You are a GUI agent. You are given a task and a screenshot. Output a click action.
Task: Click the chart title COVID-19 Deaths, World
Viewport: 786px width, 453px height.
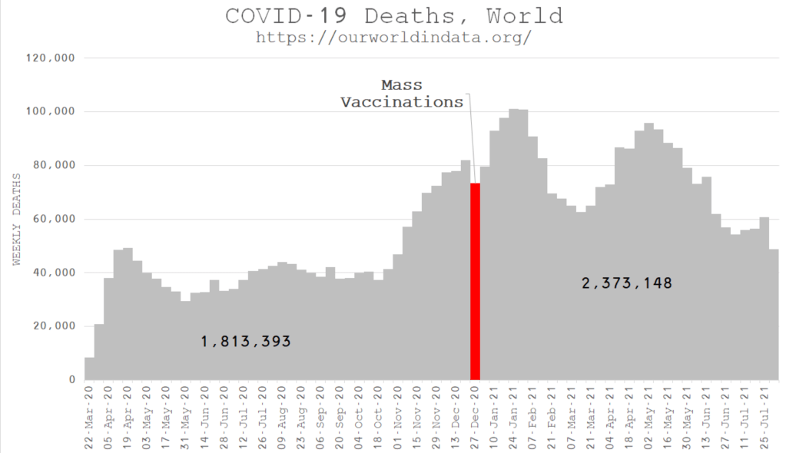[393, 16]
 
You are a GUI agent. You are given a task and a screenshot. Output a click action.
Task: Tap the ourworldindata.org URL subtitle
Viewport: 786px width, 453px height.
[393, 37]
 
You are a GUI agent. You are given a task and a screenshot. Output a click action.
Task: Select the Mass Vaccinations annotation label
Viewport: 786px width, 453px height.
[402, 93]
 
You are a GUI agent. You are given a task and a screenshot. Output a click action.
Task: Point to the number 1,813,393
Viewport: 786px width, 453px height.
[246, 342]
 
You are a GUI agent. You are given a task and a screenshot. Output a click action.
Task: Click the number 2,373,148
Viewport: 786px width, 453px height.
[627, 283]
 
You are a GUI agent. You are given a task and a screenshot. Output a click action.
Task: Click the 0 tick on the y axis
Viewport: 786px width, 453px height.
[71, 380]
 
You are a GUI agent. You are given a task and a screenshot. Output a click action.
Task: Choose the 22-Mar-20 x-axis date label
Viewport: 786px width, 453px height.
[90, 411]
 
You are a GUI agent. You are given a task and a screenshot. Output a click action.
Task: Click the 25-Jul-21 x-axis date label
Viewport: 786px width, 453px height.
[765, 411]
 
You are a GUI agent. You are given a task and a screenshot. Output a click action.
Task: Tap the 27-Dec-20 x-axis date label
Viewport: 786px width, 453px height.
[476, 411]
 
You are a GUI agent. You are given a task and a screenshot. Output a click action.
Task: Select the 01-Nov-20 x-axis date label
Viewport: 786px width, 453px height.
[399, 411]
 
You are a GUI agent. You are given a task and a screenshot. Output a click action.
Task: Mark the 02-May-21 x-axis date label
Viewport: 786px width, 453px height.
[649, 411]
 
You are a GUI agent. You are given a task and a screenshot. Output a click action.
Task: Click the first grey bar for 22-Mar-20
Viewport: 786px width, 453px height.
[90, 369]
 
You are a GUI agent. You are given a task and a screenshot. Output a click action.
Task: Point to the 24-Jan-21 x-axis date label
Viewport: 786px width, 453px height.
[515, 411]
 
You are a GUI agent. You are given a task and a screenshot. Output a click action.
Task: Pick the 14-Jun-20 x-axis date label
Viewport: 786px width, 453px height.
[206, 411]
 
